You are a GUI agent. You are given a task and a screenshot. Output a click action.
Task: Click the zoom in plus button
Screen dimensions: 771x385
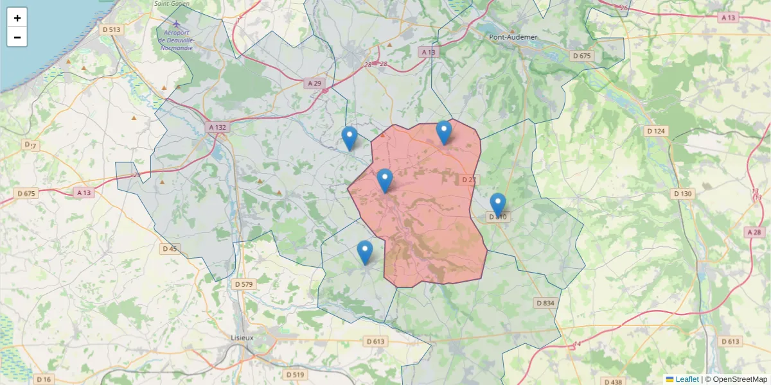pos(17,18)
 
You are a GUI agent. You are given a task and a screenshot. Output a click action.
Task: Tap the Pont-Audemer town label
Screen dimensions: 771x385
pos(513,37)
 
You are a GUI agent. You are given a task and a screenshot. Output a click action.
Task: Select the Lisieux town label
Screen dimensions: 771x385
pos(242,338)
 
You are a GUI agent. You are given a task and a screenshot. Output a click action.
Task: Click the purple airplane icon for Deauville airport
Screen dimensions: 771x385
pos(177,24)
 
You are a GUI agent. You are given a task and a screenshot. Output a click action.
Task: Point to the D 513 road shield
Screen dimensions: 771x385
pos(112,29)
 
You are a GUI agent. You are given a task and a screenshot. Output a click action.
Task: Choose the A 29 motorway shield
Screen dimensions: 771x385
pos(314,83)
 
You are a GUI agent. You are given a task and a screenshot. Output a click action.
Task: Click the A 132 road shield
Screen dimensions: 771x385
pos(218,128)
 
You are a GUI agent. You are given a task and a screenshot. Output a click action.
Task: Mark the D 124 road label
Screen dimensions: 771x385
pos(656,131)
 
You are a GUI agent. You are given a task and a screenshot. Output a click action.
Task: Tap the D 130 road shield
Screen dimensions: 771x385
pos(683,193)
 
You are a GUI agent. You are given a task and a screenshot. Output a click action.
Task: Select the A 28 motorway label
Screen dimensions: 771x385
pos(754,232)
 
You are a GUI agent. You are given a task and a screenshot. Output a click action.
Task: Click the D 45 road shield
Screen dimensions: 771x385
pos(170,248)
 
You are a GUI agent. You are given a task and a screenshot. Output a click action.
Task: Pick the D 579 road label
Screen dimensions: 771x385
pos(244,284)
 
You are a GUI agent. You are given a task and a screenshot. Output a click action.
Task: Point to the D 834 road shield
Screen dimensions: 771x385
pos(544,302)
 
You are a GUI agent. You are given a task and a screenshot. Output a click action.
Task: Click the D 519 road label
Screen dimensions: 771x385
pos(294,374)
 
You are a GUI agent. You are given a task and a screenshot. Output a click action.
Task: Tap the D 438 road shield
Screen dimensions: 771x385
pos(614,382)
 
